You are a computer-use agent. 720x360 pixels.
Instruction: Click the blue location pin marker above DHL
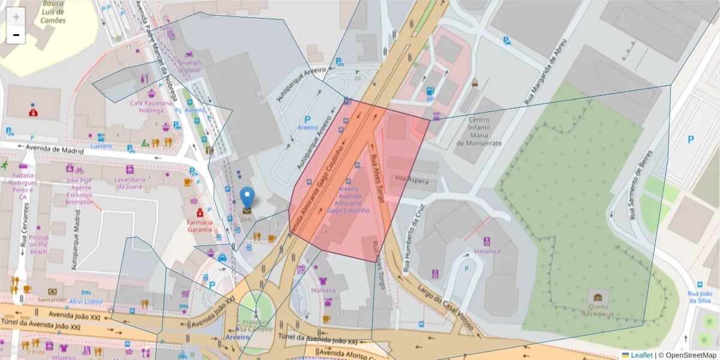247,197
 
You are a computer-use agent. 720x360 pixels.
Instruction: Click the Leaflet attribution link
641,355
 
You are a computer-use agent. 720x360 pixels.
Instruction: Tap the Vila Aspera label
410,179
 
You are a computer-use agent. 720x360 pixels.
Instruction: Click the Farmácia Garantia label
199,225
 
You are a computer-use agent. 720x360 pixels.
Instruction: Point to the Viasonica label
487,251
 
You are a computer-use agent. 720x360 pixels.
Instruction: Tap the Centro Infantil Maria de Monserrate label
478,131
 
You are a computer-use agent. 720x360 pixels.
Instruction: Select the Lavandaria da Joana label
130,182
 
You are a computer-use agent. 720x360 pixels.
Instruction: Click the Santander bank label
52,299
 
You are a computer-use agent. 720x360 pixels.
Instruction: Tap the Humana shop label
323,290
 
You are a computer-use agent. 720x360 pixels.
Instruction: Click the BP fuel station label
430,98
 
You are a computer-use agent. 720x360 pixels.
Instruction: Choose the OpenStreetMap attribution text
688,355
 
